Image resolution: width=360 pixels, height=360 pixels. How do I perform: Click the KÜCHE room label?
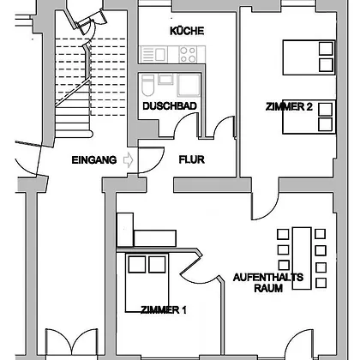point(187,31)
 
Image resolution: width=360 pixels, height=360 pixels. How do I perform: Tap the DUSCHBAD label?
point(170,106)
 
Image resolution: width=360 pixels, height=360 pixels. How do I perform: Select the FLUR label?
point(191,159)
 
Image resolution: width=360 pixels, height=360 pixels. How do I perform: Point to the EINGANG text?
point(94,160)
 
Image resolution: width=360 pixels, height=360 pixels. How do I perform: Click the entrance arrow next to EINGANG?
point(129,159)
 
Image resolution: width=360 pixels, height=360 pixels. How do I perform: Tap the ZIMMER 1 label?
point(164,309)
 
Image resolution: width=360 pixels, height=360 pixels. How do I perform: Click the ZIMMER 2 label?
point(289,107)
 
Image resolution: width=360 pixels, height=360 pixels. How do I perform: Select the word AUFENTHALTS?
point(268,278)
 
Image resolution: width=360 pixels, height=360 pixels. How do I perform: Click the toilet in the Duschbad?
point(148,85)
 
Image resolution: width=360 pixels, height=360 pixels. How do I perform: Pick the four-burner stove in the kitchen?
point(188,55)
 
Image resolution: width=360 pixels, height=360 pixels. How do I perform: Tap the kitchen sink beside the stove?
point(157,55)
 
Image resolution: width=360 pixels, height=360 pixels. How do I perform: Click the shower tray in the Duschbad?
point(189,85)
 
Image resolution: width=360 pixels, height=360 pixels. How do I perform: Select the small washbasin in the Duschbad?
point(165,79)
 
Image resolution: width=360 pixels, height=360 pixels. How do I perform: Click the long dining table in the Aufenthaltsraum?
point(302,258)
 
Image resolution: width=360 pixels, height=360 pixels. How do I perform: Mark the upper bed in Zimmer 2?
point(309,57)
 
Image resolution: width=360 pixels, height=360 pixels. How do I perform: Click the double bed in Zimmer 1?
point(147,282)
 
